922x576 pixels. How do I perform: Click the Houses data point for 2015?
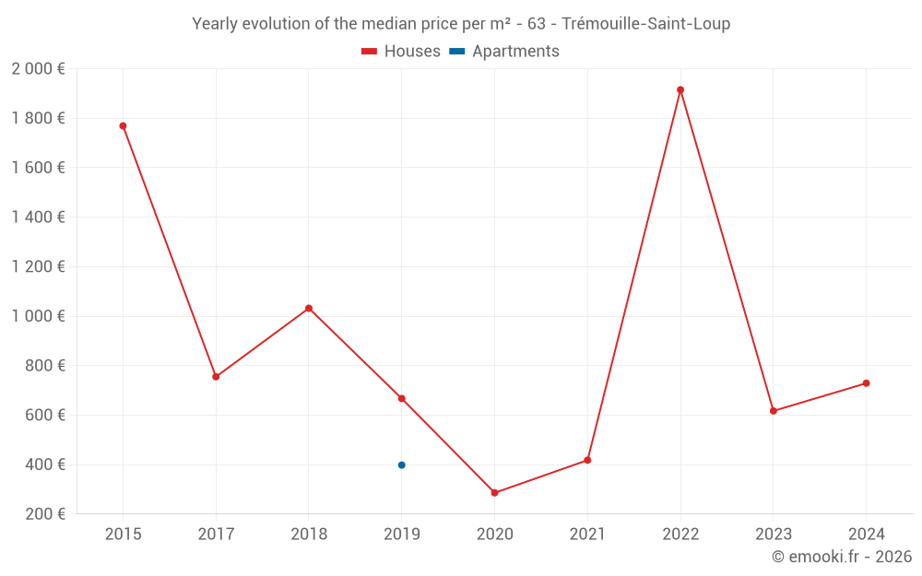[x=123, y=126]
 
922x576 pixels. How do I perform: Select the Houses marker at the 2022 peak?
[x=680, y=90]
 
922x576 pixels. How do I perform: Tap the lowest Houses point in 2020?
[x=494, y=493]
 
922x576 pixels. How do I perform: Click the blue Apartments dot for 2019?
[x=401, y=465]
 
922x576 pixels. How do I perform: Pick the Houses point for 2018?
[x=309, y=308]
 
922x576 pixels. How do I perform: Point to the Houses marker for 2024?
[x=866, y=383]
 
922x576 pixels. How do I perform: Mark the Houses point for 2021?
[x=587, y=460]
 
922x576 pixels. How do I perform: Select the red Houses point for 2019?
[x=401, y=398]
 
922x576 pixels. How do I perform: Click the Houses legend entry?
[x=401, y=52]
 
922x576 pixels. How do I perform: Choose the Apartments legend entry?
[x=504, y=52]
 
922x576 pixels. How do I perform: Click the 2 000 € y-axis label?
[x=38, y=69]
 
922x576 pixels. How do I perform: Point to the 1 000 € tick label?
[x=38, y=316]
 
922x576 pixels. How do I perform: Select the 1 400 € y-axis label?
[x=38, y=217]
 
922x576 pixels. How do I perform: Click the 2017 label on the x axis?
[x=216, y=535]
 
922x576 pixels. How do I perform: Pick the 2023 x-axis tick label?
[x=773, y=535]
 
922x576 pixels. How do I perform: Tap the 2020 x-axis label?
[x=494, y=535]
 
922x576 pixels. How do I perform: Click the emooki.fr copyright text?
[x=841, y=557]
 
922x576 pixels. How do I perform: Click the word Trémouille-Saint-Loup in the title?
[x=645, y=24]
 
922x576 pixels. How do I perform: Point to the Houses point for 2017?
[x=216, y=377]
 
